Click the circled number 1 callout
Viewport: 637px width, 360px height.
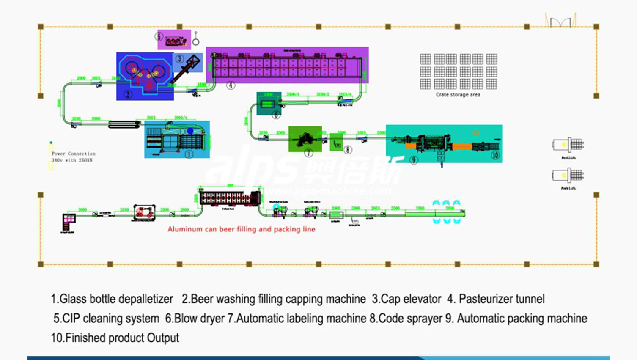point(189,154)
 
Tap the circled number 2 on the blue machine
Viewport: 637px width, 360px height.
point(128,95)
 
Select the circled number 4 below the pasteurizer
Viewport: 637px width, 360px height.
point(231,85)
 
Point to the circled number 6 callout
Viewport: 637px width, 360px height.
point(276,115)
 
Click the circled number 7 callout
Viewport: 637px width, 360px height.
point(308,153)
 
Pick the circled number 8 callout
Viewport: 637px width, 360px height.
point(348,149)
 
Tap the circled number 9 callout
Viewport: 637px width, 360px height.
point(414,159)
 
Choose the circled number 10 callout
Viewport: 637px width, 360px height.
point(495,156)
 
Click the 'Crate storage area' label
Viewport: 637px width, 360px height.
point(458,95)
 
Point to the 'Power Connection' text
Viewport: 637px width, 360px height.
point(73,154)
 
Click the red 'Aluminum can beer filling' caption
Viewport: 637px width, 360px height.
point(241,229)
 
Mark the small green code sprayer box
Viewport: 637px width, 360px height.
point(336,142)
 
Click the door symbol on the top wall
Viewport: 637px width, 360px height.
point(560,21)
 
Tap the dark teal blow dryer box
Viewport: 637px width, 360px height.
point(268,103)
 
